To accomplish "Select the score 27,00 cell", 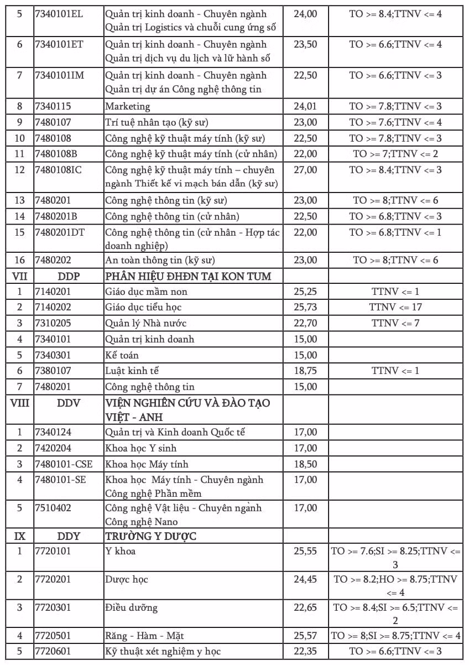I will click(x=305, y=170).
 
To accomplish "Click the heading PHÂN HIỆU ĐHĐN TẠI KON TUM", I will click(x=188, y=276).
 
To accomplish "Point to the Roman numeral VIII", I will click(x=19, y=403).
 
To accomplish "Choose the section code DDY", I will click(x=69, y=536).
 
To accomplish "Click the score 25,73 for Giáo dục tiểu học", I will click(x=305, y=307).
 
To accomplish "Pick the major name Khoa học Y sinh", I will click(x=141, y=448).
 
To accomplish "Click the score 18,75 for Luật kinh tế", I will click(x=305, y=371).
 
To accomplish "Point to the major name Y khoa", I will click(x=121, y=551).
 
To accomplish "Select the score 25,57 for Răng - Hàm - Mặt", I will click(x=305, y=636).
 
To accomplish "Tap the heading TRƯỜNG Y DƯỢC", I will click(x=151, y=536).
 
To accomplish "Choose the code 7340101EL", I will click(x=59, y=13).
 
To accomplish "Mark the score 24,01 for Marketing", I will click(x=305, y=106).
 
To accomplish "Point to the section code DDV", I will click(x=69, y=403).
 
